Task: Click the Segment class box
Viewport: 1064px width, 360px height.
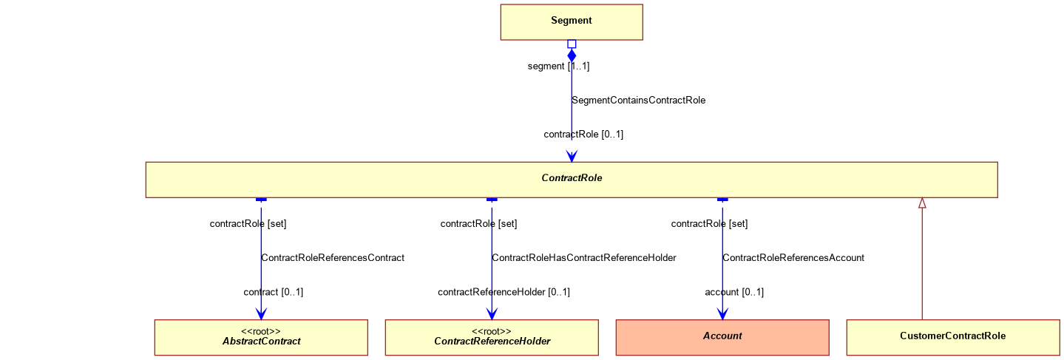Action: pyautogui.click(x=572, y=22)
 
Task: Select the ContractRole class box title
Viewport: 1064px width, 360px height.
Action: pyautogui.click(x=572, y=178)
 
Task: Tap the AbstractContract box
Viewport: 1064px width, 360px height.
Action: pyautogui.click(x=261, y=337)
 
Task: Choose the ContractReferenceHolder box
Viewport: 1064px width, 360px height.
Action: pyautogui.click(x=492, y=337)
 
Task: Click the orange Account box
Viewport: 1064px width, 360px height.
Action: pyautogui.click(x=722, y=337)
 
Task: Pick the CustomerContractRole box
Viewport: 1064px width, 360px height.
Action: pyautogui.click(x=953, y=337)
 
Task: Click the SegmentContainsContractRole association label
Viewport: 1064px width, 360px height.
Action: pyautogui.click(x=638, y=101)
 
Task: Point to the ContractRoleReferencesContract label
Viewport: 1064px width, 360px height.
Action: pyautogui.click(x=333, y=258)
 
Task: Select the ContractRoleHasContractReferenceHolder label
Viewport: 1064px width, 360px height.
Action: pyautogui.click(x=584, y=258)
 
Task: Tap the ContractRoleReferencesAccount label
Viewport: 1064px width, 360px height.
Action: pyautogui.click(x=793, y=258)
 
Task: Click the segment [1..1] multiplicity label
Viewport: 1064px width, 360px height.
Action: pyautogui.click(x=558, y=66)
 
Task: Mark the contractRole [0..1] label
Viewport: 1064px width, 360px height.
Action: pyautogui.click(x=583, y=135)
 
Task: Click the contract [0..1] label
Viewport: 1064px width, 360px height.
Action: pyautogui.click(x=273, y=292)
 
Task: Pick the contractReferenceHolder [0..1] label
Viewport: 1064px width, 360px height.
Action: pyautogui.click(x=504, y=292)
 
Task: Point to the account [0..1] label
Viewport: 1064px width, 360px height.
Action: pyautogui.click(x=734, y=292)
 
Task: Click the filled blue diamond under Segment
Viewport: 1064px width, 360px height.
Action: pyautogui.click(x=572, y=56)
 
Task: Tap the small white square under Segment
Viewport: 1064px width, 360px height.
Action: pyautogui.click(x=572, y=44)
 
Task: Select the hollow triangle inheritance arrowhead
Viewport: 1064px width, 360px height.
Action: pyautogui.click(x=923, y=203)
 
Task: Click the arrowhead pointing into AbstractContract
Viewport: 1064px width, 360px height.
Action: pyautogui.click(x=261, y=314)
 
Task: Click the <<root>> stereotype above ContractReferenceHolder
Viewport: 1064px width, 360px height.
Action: pyautogui.click(x=492, y=331)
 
